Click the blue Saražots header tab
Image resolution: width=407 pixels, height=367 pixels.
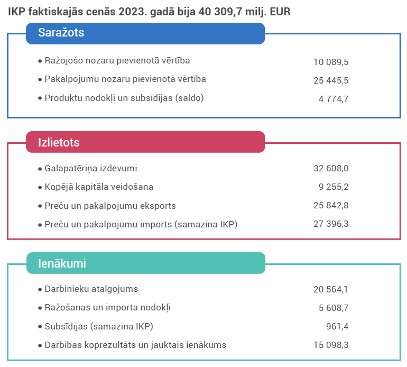(x=145, y=33)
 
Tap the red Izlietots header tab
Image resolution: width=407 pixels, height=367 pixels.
(x=145, y=142)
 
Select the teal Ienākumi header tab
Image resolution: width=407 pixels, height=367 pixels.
(x=145, y=263)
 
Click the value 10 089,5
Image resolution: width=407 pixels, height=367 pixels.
(x=331, y=62)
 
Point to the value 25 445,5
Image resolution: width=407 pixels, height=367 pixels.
(x=331, y=80)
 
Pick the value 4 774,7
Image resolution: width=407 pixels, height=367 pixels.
(x=334, y=99)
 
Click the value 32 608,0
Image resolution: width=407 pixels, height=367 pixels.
(x=331, y=169)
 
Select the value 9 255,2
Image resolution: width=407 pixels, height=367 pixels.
(x=334, y=187)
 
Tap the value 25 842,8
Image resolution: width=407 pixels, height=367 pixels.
(x=331, y=206)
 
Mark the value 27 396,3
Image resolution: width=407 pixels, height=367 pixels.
(x=331, y=225)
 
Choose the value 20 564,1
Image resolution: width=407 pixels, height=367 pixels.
(x=331, y=289)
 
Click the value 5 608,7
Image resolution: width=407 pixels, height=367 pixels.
(x=334, y=308)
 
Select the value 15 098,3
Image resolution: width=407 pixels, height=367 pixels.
(x=331, y=345)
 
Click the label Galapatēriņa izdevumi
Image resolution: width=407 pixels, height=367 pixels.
(x=91, y=169)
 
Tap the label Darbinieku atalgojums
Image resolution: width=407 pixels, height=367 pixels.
(x=91, y=289)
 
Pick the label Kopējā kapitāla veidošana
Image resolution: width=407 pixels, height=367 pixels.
(x=99, y=187)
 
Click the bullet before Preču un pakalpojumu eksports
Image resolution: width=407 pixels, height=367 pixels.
(x=40, y=206)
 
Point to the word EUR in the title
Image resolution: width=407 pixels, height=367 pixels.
(x=280, y=11)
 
